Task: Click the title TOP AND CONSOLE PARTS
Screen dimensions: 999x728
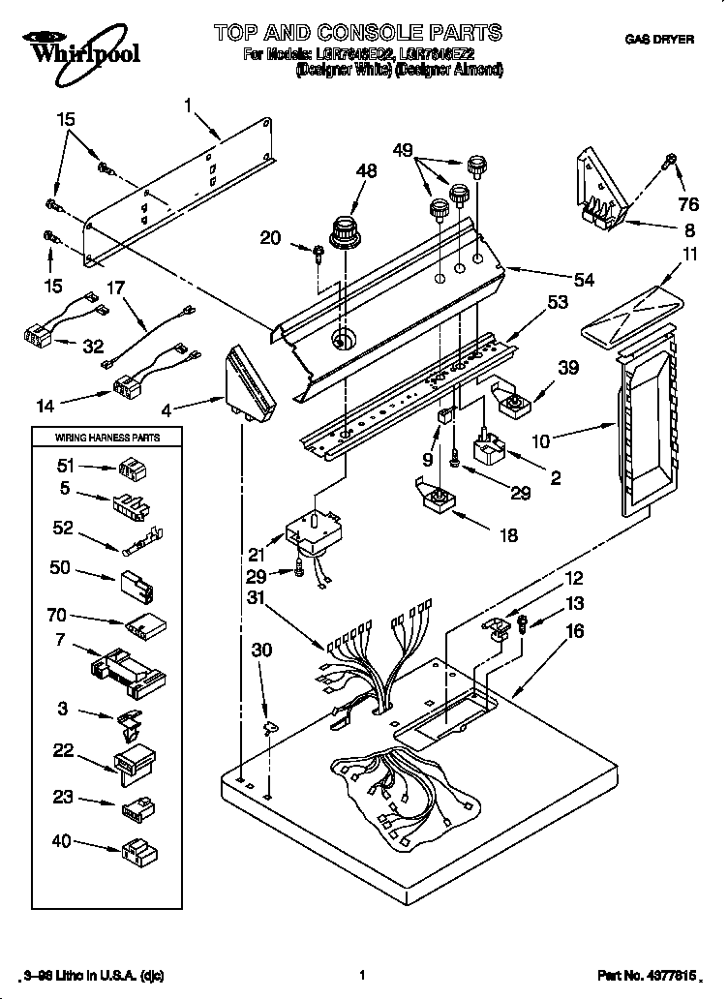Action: [357, 33]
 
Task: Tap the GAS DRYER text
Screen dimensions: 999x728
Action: [658, 40]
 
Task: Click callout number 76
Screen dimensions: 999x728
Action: [687, 203]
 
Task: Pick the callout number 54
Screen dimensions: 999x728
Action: [583, 280]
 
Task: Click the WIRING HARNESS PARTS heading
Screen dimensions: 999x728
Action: [106, 439]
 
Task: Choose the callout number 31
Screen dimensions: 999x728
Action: [256, 596]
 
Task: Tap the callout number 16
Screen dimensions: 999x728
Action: [574, 631]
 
